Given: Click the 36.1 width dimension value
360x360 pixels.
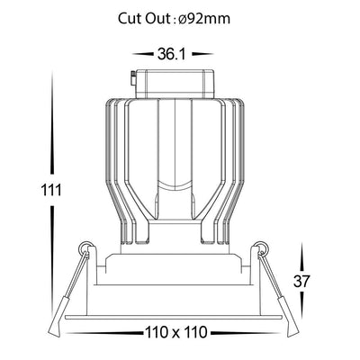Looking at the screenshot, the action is click(x=170, y=54).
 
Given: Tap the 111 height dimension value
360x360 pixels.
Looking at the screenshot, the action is click(x=51, y=190).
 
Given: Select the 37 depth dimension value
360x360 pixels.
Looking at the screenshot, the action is click(x=301, y=281).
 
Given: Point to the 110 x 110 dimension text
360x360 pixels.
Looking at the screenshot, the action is click(x=176, y=332).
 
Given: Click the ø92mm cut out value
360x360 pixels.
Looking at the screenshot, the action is click(x=204, y=19).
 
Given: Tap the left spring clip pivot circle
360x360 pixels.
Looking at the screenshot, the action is click(x=85, y=247).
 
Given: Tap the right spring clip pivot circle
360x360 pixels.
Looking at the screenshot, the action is click(x=263, y=247).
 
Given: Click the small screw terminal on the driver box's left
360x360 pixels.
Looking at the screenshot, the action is click(x=133, y=78).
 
